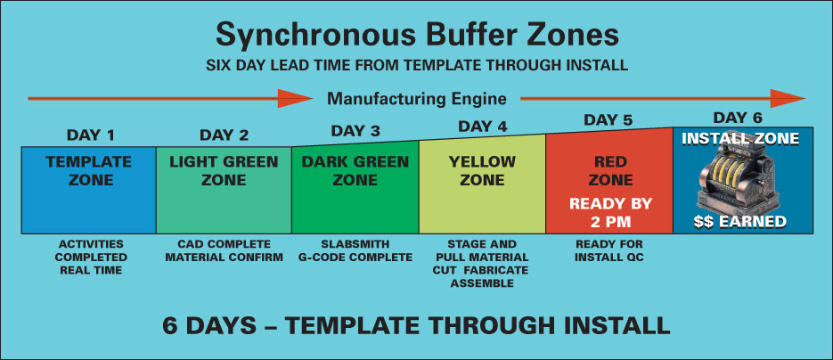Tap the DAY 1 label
(90, 135)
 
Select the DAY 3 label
(355, 131)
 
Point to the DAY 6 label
(738, 118)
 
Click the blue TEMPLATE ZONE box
(89, 190)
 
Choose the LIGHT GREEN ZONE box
(224, 190)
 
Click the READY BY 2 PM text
(610, 212)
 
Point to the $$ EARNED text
(740, 222)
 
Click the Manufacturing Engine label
(417, 99)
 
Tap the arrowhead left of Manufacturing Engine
(296, 99)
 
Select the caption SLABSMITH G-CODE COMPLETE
(355, 250)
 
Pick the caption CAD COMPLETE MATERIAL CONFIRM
(224, 250)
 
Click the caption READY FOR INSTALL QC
(609, 250)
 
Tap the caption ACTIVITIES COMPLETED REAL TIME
(90, 257)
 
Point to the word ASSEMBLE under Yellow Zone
(482, 283)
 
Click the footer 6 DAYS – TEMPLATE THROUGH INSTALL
(416, 325)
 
